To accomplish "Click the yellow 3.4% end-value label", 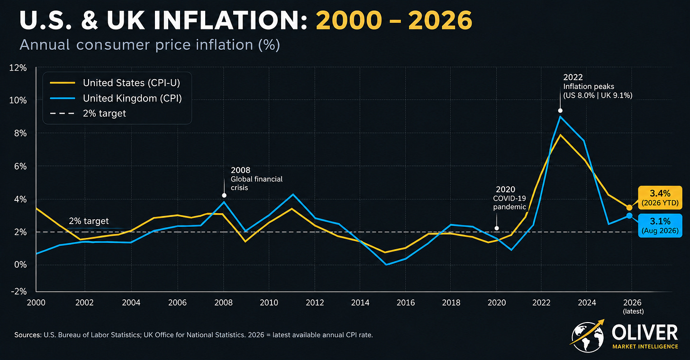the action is click(660, 198).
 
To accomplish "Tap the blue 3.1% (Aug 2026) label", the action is click(660, 226).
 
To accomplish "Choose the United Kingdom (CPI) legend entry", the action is click(116, 98).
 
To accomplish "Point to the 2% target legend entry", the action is click(88, 113).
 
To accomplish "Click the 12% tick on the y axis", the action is click(18, 68).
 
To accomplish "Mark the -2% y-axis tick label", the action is click(19, 291).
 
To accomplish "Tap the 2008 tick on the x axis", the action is click(224, 303).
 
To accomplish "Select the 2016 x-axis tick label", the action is click(406, 303).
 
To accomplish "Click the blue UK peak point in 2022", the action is click(560, 117).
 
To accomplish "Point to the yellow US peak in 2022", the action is click(560, 135).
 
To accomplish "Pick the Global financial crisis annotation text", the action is click(256, 183).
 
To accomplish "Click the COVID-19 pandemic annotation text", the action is click(509, 202).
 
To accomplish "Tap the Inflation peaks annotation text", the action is click(589, 87).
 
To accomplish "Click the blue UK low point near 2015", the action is click(386, 264).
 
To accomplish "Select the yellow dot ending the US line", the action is click(629, 207).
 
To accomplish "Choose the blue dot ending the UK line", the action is click(629, 216).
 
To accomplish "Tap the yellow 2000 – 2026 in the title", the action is click(394, 21).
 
